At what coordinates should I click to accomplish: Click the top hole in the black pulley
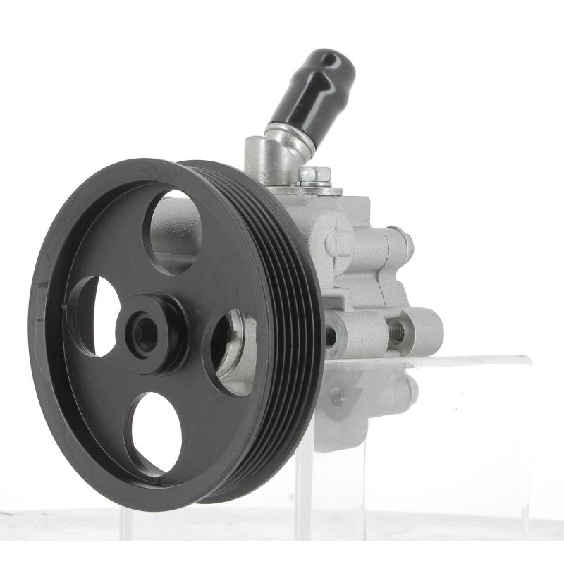pyautogui.click(x=173, y=231)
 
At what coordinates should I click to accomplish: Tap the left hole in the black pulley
pyautogui.click(x=96, y=315)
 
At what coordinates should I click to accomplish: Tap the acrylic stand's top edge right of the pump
pyautogui.click(x=486, y=360)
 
